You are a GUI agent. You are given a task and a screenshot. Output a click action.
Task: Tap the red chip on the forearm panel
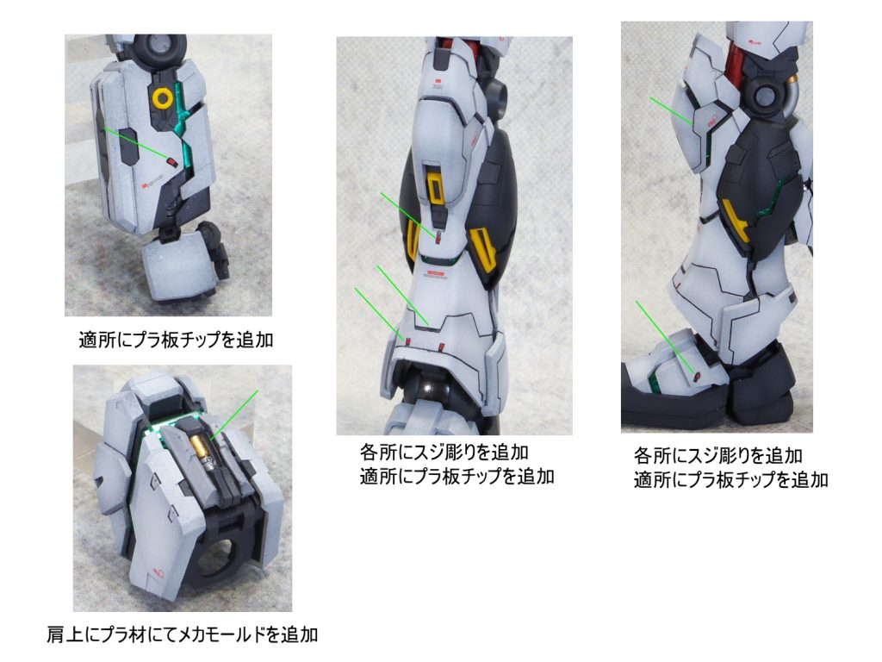pos(172,163)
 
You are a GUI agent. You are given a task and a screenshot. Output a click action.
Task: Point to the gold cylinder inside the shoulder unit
pos(202,449)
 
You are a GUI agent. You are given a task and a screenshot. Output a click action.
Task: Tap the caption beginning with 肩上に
pos(183,634)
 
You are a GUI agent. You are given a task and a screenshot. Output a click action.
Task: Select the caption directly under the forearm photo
pos(176,340)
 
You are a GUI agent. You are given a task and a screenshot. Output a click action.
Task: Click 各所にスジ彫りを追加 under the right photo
pos(718,455)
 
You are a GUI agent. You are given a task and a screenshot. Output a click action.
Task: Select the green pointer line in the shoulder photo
pos(234,415)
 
